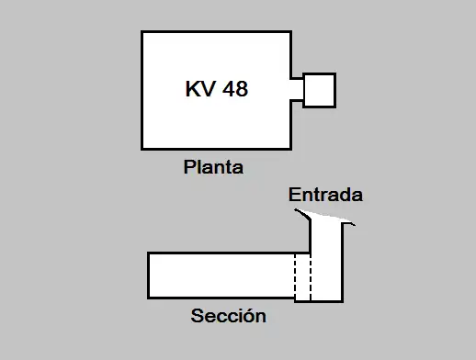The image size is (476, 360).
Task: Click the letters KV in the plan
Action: tap(200, 90)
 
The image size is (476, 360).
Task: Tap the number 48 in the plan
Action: tap(234, 90)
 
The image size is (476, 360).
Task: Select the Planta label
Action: tap(213, 168)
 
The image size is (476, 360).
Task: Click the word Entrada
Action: tap(325, 196)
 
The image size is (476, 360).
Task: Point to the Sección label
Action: tap(228, 317)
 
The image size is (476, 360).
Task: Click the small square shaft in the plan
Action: tap(319, 90)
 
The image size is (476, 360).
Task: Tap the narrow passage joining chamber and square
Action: tap(297, 90)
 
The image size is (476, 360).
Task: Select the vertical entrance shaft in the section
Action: tap(326, 262)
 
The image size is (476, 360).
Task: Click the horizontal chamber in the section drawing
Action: tap(221, 275)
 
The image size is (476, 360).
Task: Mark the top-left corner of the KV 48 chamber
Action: tap(142, 32)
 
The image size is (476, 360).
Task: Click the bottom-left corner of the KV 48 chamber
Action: tap(142, 149)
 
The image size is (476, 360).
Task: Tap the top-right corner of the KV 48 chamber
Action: tap(289, 32)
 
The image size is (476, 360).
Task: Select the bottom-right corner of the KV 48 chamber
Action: tap(289, 149)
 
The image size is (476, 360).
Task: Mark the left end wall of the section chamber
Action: tap(149, 275)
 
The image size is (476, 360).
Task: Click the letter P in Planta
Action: tap(189, 168)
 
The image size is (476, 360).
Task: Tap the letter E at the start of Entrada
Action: tap(294, 196)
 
